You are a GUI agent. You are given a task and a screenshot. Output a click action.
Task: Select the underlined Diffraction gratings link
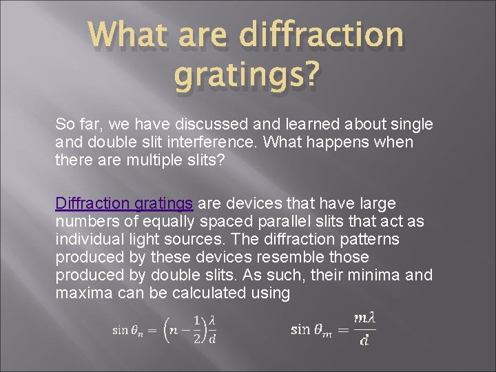[124, 204]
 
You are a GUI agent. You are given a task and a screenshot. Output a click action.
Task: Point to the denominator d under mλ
[364, 340]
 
